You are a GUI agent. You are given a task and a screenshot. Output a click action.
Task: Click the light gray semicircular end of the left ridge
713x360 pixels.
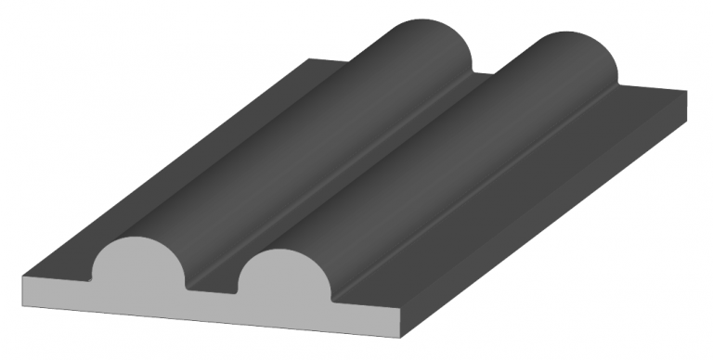tap(138, 264)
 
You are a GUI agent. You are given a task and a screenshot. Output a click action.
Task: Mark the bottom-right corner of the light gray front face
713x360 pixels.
tap(402, 338)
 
